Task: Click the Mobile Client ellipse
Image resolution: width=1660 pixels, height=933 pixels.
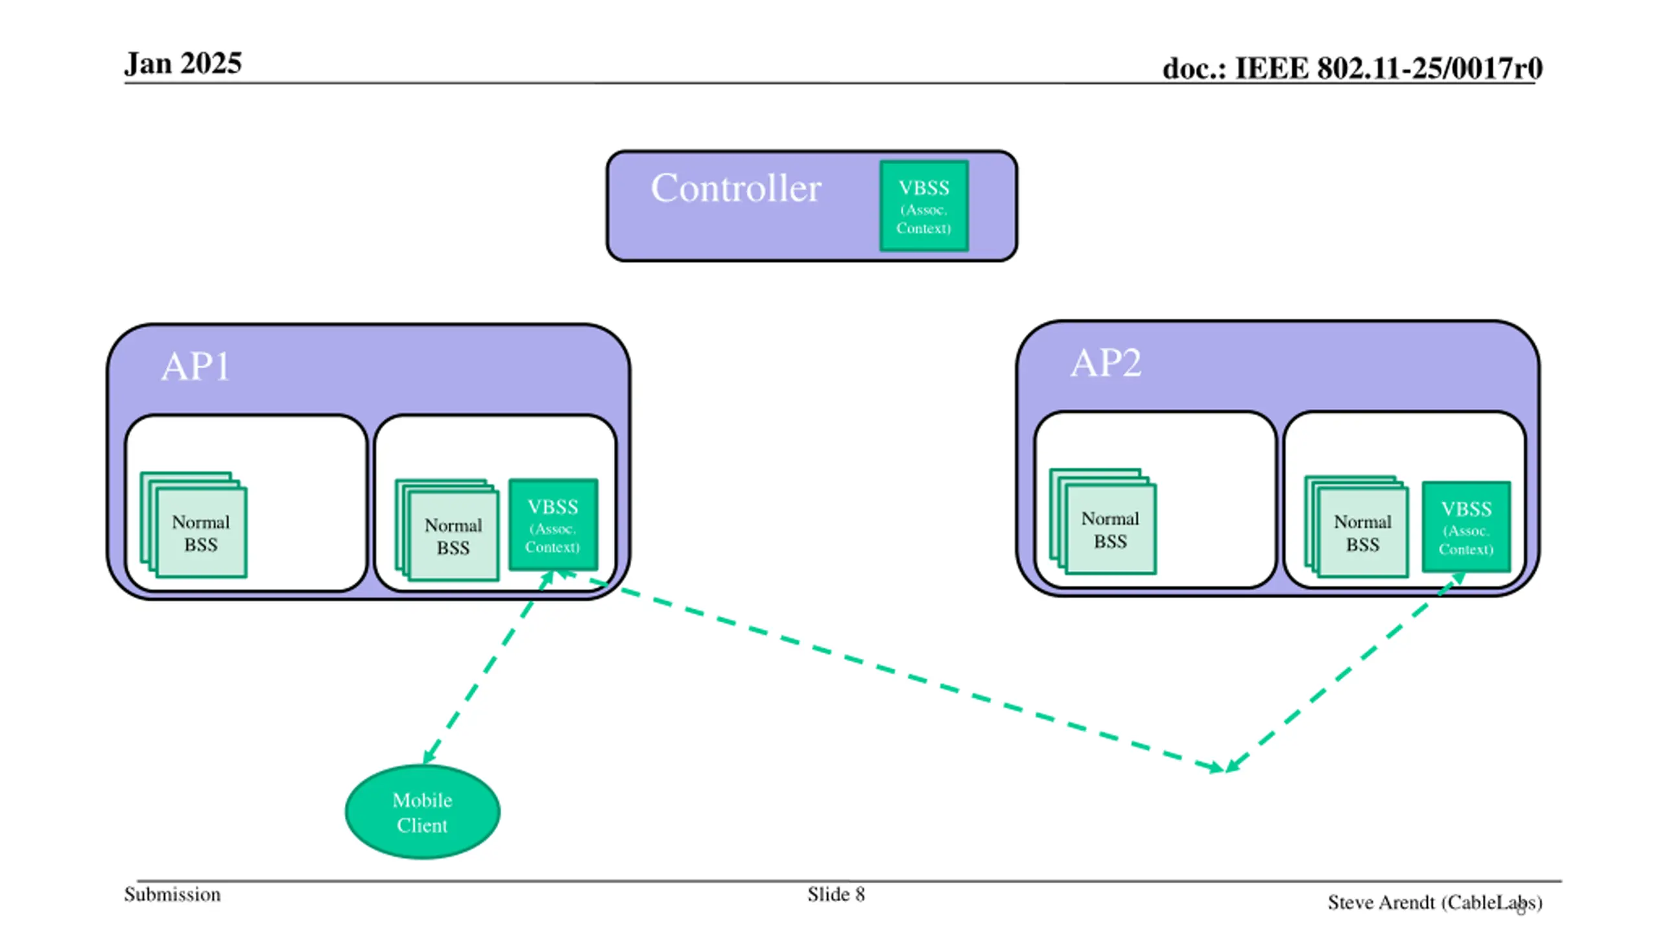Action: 422,812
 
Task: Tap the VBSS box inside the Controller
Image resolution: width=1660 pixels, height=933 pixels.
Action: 923,206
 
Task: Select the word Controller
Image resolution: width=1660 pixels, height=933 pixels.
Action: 736,188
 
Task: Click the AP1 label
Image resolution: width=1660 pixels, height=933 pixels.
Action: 195,367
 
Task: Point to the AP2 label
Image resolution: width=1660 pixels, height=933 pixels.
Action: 1106,363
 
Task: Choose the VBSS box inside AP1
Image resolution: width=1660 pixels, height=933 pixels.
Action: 553,525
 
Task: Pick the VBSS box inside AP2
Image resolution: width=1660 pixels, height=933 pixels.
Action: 1466,527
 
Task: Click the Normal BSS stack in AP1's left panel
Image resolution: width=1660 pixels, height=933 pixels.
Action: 194,525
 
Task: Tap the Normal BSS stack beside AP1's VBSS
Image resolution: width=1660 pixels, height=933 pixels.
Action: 447,530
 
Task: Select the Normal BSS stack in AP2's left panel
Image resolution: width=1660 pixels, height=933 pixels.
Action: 1103,522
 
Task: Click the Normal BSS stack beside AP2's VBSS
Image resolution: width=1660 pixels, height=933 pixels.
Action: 1357,527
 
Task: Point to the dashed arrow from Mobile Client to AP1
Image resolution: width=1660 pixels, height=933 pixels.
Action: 488,667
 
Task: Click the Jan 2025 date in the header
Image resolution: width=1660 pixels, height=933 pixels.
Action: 183,63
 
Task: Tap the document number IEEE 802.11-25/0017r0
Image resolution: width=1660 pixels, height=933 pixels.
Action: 1352,68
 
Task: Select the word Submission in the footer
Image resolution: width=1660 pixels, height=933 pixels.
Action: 172,895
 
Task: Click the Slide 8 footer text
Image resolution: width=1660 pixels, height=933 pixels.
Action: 836,895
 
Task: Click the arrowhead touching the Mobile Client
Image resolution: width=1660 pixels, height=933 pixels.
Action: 428,755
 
